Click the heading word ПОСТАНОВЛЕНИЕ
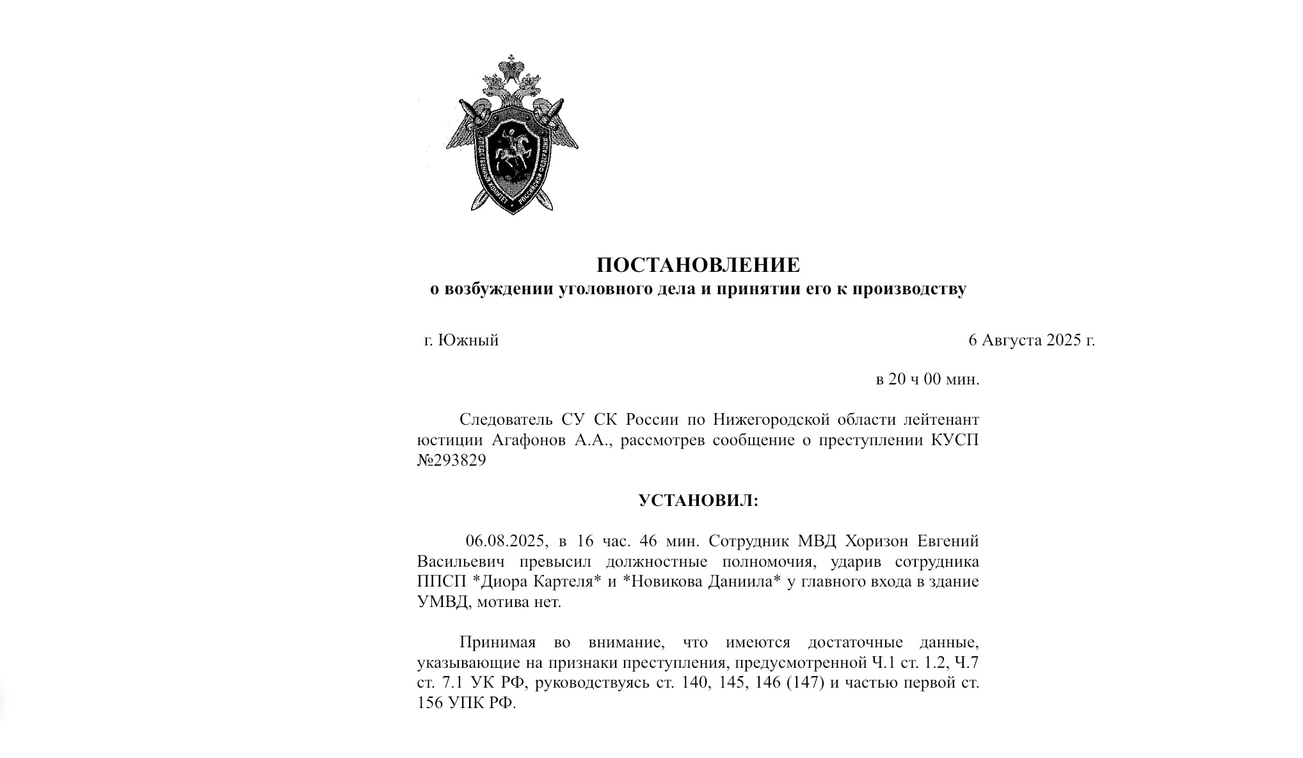click(x=698, y=265)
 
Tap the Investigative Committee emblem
click(x=512, y=136)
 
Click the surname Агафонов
click(x=529, y=441)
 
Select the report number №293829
click(x=451, y=461)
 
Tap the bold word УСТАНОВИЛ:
click(x=698, y=500)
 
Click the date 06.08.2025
click(x=507, y=541)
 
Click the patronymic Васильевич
click(x=461, y=562)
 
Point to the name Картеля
click(x=566, y=582)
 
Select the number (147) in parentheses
click(x=804, y=683)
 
